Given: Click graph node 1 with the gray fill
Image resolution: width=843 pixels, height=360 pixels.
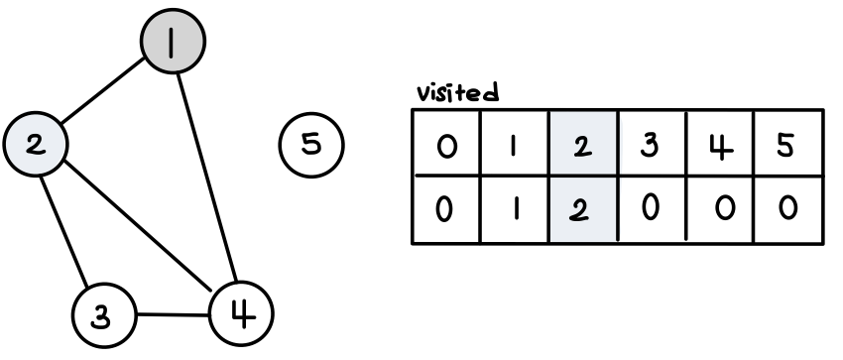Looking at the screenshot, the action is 173,41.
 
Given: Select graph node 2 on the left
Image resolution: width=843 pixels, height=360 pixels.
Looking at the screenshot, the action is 36,144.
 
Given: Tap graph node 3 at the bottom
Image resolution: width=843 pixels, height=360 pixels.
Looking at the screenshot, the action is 104,316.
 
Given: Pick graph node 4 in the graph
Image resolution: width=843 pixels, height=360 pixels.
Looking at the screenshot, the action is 241,313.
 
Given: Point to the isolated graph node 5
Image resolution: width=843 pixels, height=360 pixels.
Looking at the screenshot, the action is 311,145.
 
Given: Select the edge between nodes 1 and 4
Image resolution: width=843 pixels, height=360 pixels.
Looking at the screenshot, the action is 207,178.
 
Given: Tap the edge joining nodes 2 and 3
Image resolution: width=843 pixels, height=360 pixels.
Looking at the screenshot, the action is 63,231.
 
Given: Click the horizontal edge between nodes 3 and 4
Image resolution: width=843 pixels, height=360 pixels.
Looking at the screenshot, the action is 174,314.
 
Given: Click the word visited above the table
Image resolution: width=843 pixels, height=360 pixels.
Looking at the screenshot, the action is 458,92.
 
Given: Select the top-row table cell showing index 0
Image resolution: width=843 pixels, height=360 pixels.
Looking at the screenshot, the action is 446,143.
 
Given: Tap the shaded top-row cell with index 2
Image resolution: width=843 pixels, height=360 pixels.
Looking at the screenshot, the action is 583,143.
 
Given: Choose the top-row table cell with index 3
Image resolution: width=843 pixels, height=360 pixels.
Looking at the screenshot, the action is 653,143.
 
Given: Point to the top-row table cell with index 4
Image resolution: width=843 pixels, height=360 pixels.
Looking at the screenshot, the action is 720,143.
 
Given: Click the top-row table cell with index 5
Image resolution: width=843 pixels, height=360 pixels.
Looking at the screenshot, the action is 788,143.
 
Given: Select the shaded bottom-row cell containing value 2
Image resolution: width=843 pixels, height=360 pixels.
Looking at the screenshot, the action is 583,209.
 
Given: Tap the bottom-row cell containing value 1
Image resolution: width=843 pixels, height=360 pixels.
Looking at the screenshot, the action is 515,209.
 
